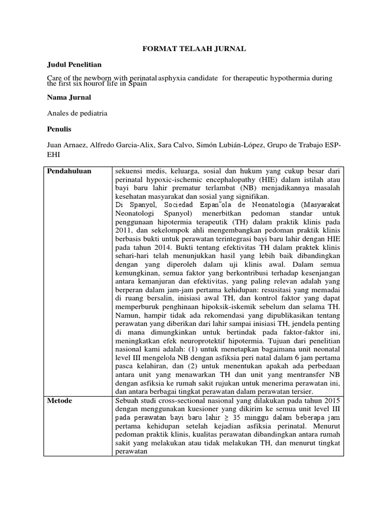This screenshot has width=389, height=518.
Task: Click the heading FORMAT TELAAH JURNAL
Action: coord(193,49)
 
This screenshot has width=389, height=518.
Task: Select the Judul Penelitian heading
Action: coord(74,65)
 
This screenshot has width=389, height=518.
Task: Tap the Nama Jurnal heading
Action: coord(69,97)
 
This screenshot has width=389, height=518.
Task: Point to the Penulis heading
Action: coord(59,129)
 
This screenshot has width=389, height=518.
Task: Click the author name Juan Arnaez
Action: coord(66,146)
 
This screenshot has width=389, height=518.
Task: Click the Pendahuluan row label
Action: coord(69,171)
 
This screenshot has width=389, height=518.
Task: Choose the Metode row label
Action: coord(60,401)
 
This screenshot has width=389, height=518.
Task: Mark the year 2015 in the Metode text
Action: coord(332,401)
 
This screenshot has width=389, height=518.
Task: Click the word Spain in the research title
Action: coord(137,84)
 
